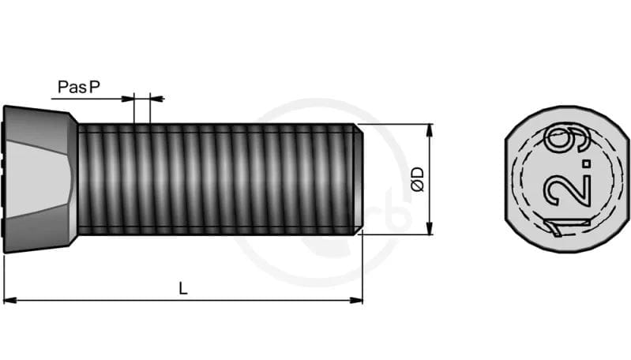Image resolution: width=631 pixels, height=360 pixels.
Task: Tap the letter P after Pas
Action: (x=94, y=87)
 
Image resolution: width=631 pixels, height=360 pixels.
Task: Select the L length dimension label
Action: (x=183, y=289)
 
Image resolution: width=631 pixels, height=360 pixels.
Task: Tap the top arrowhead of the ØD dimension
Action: (x=430, y=129)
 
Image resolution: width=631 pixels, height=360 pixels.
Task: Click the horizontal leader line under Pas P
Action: (x=87, y=99)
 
